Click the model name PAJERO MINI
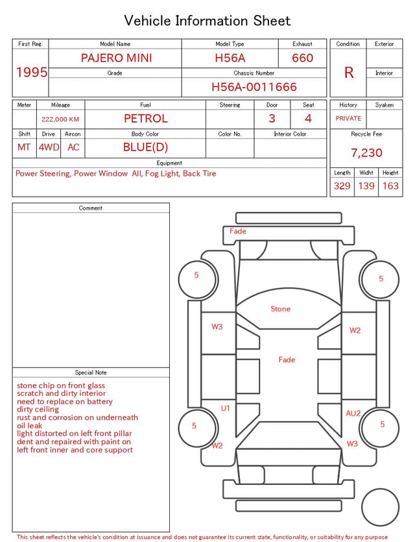[116, 58]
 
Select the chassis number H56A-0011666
[254, 87]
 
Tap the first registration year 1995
[32, 72]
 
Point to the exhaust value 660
[302, 58]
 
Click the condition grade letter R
[349, 73]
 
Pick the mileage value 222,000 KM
[60, 119]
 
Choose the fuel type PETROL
[146, 119]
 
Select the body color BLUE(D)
[145, 147]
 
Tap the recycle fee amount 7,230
[366, 153]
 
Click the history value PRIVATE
[348, 118]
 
